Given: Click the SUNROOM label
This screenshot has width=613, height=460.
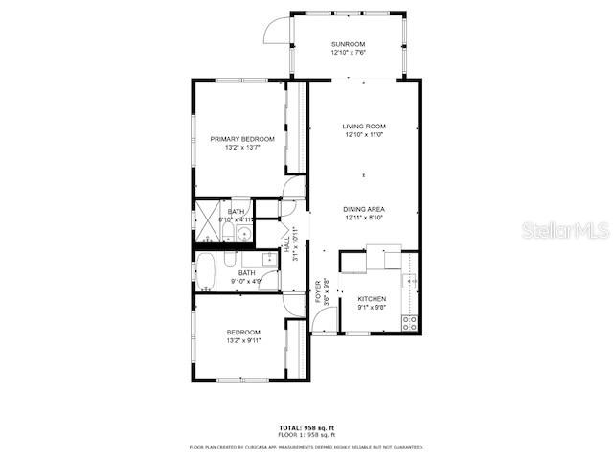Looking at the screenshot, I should point(349,44).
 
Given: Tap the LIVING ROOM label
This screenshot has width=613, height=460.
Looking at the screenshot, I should point(364,126).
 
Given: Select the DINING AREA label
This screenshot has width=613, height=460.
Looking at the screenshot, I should point(364,209).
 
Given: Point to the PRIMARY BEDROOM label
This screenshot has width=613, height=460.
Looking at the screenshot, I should point(242,139).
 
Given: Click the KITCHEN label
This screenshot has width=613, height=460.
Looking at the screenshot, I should point(372,299).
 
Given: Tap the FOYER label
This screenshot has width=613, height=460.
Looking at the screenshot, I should point(318,290).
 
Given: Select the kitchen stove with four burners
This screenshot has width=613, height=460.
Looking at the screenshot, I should point(410,322).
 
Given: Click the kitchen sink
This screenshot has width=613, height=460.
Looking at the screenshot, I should point(409,280).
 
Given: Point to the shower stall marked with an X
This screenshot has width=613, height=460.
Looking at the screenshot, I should point(209,221).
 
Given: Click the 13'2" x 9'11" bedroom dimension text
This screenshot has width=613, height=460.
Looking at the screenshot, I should point(242,340).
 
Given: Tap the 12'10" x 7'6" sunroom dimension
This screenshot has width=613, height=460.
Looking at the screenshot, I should point(349,52).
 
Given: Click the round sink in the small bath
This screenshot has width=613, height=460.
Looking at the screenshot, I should point(245,233).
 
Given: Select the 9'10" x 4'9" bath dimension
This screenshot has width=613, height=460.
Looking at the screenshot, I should point(246,281).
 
